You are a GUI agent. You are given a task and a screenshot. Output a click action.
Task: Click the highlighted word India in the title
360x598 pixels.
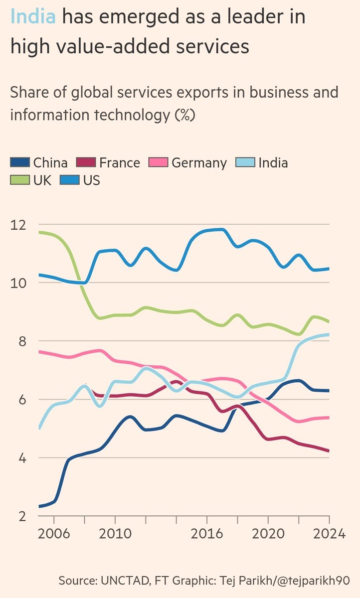(x=33, y=18)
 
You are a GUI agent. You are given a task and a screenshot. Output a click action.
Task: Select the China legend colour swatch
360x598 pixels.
(x=20, y=162)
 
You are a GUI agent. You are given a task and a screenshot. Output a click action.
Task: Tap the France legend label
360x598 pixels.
(x=119, y=162)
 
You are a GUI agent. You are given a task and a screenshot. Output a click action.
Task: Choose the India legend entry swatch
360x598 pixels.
(x=244, y=162)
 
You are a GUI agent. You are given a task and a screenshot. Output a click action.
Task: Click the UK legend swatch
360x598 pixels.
(x=20, y=180)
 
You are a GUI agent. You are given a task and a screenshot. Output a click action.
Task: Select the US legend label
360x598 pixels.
(x=92, y=180)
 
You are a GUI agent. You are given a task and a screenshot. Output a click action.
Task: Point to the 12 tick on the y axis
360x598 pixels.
(x=18, y=225)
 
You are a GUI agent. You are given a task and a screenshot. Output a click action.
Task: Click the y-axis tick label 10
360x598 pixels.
(x=18, y=283)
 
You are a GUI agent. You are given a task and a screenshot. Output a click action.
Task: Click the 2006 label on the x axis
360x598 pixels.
(x=54, y=533)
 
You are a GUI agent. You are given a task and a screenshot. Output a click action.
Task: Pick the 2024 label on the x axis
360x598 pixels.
(x=329, y=533)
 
